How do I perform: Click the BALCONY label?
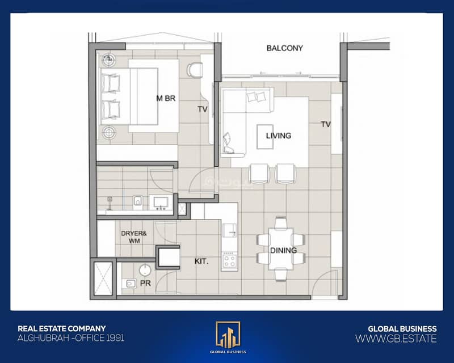click(x=285, y=48)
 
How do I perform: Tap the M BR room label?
click(x=166, y=99)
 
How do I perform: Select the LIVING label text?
click(x=279, y=136)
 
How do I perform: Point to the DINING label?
click(x=283, y=250)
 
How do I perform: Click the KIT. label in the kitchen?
click(x=201, y=261)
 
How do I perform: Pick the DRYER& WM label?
click(x=134, y=237)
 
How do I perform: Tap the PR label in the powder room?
click(x=145, y=283)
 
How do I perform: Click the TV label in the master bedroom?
click(x=203, y=109)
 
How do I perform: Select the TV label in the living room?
click(x=326, y=124)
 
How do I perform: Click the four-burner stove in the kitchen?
click(x=230, y=260)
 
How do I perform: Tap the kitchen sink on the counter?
click(x=230, y=230)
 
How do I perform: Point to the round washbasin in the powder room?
click(x=145, y=271)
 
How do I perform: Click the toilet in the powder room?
click(x=129, y=284)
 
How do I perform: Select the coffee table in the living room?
click(x=265, y=137)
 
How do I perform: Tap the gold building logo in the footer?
click(x=228, y=335)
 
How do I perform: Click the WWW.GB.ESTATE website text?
click(x=396, y=339)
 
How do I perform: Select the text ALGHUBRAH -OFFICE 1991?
click(x=71, y=338)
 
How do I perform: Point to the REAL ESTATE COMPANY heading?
click(x=62, y=328)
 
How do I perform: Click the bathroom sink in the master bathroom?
click(x=161, y=202)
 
